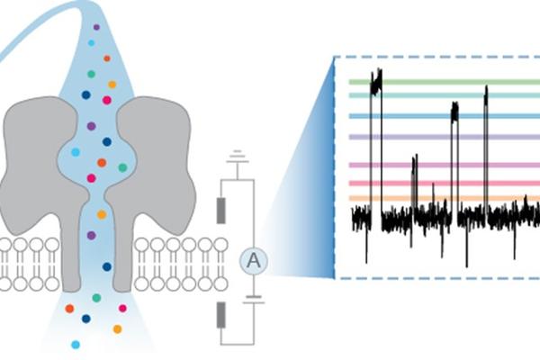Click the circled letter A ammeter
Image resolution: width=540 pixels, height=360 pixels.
[254, 262]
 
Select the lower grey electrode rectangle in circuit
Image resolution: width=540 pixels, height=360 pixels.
[221, 315]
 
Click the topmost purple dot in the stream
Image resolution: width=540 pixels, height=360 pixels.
[96, 28]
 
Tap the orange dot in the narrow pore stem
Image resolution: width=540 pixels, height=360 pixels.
[101, 214]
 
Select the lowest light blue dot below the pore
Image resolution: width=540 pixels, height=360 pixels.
[76, 344]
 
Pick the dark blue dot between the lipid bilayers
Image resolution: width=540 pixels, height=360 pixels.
[106, 266]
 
